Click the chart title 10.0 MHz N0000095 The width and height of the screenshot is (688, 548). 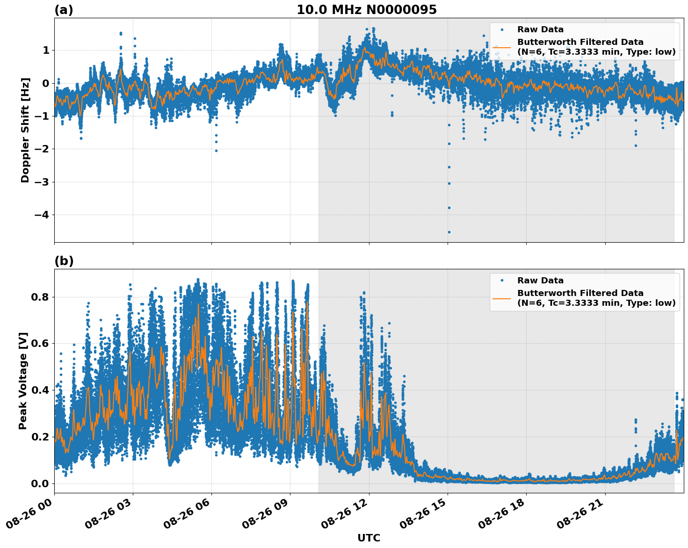[x=367, y=10]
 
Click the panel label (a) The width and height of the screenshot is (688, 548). [x=64, y=10]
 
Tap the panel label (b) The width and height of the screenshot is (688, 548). [x=64, y=261]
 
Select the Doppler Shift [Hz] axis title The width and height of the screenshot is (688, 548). [x=25, y=130]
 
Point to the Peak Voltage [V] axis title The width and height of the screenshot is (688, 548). [x=23, y=381]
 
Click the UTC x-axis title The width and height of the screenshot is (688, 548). [x=369, y=538]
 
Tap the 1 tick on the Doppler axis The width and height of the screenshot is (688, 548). [x=46, y=50]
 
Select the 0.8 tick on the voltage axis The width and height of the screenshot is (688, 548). [x=40, y=297]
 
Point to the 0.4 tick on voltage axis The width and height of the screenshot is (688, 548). [x=40, y=390]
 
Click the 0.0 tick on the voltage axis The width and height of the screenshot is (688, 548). [x=40, y=483]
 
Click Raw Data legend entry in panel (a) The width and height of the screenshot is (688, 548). [x=540, y=29]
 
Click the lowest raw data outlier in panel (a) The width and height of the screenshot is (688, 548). [x=449, y=232]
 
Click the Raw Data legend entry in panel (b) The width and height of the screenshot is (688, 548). [x=540, y=281]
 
